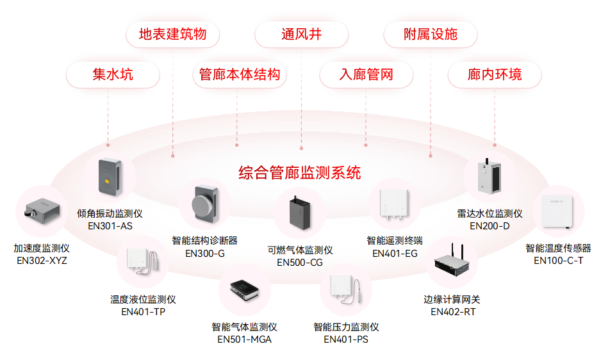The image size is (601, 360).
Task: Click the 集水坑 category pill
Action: coord(113,74)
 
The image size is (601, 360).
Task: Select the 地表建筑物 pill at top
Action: coord(172,34)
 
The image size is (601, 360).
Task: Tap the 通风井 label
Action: coord(301,34)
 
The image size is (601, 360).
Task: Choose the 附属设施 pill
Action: coord(431,34)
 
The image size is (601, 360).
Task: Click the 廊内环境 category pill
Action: coord(495,74)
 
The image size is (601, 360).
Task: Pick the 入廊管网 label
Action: coord(366,74)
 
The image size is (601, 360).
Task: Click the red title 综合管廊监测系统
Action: coord(300,172)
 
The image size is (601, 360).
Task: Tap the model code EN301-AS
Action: coord(110,225)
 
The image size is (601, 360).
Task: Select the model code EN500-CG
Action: coord(300,262)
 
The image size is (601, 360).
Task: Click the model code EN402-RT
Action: coord(453,312)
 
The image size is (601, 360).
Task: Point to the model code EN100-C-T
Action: coord(558,260)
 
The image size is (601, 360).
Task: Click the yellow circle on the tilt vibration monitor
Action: coord(107,181)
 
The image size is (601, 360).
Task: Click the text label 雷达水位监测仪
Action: coord(490,213)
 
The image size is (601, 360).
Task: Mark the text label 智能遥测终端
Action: coord(395,241)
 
